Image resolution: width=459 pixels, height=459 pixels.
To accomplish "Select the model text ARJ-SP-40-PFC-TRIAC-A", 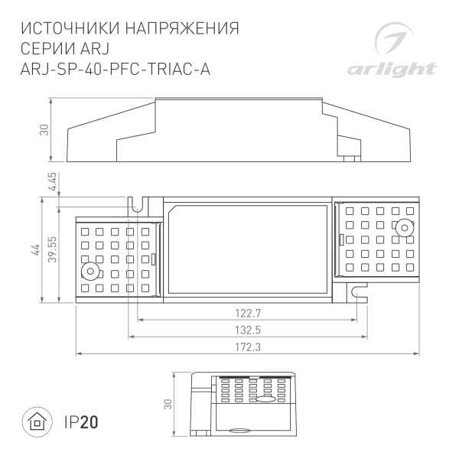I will click(x=117, y=70).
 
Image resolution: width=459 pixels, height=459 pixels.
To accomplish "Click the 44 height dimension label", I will click(x=34, y=251).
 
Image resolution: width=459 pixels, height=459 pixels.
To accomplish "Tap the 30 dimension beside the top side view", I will click(x=44, y=130).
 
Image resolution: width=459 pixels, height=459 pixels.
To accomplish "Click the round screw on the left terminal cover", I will click(x=91, y=272).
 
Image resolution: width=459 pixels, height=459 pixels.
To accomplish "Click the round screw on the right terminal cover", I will click(x=402, y=227).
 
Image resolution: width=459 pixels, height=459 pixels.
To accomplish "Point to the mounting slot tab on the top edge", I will click(x=138, y=206).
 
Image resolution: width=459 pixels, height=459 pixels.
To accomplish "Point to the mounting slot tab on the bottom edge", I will click(x=356, y=291).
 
